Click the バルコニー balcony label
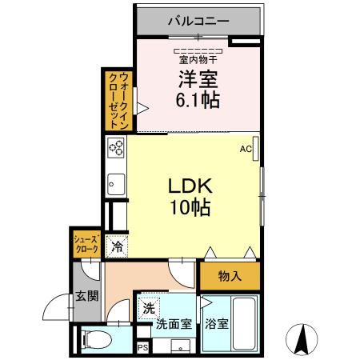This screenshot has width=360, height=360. click(x=198, y=21)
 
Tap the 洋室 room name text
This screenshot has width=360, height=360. click(x=198, y=81)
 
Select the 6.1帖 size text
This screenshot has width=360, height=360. click(x=198, y=102)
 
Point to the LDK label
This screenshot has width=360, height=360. click(x=190, y=186)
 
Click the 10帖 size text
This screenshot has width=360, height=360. click(x=190, y=208)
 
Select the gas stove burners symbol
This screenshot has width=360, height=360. click(x=116, y=148)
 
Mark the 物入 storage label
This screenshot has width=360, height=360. click(x=230, y=276)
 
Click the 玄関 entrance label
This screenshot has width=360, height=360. click(x=87, y=295)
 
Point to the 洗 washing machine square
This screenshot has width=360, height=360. click(x=148, y=306)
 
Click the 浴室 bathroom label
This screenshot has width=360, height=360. click(x=217, y=325)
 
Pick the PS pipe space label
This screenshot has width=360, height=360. click(x=142, y=348)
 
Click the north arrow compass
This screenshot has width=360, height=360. click(x=303, y=339)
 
